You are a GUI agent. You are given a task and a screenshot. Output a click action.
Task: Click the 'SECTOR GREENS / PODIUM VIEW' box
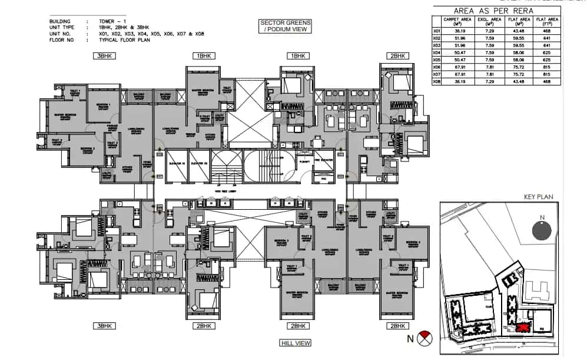click(285, 26)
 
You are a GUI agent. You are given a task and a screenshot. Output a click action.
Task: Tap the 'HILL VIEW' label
click(296, 343)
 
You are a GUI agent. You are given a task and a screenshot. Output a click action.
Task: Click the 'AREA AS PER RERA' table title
click(496, 11)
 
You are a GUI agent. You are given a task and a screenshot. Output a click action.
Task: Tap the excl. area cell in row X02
click(485, 39)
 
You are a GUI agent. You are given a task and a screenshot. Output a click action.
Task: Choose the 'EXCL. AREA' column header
click(485, 22)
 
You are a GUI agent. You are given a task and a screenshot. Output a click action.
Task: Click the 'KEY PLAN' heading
click(536, 197)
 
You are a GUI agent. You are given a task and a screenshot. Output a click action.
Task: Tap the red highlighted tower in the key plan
click(520, 328)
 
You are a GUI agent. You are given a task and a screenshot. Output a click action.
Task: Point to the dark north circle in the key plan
click(541, 230)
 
